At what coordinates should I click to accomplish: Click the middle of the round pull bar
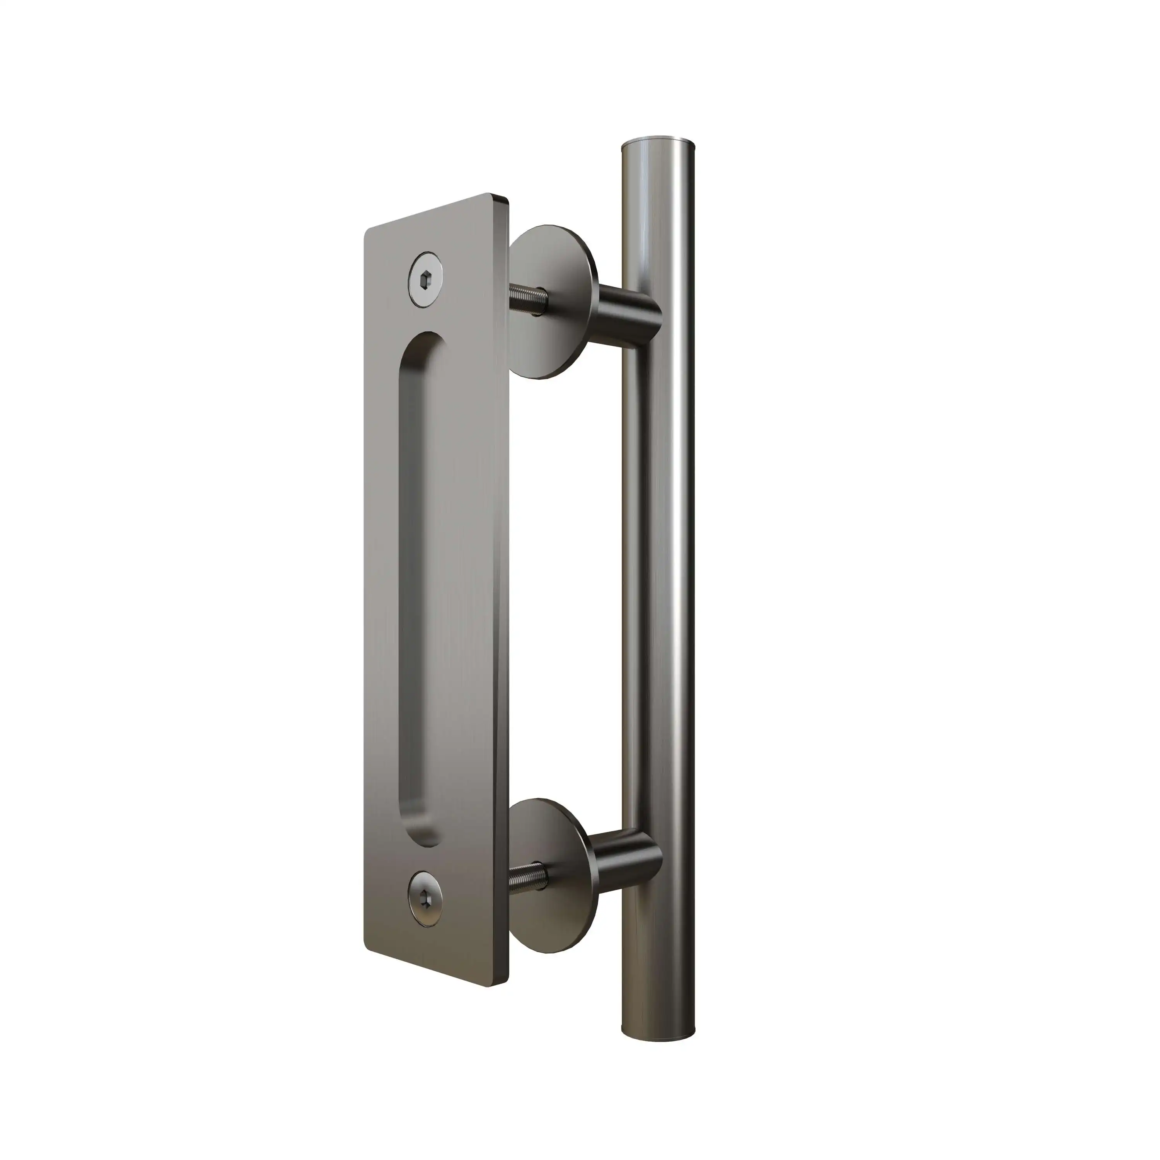pyautogui.click(x=660, y=570)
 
